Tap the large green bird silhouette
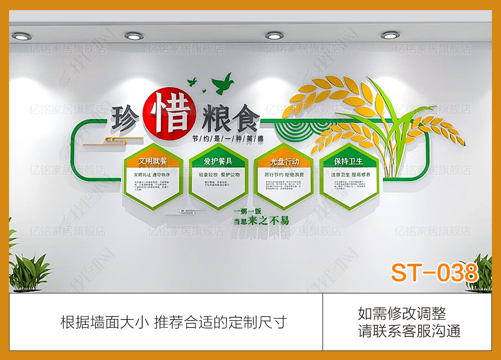click(x=222, y=83)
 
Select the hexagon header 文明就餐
click(x=153, y=161)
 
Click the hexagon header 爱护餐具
click(x=218, y=161)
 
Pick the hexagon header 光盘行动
click(x=284, y=161)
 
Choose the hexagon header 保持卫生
click(x=349, y=161)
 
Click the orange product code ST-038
click(x=434, y=273)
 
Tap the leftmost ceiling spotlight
click(x=21, y=36)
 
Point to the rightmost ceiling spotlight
click(x=390, y=35)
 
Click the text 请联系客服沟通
click(x=409, y=331)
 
